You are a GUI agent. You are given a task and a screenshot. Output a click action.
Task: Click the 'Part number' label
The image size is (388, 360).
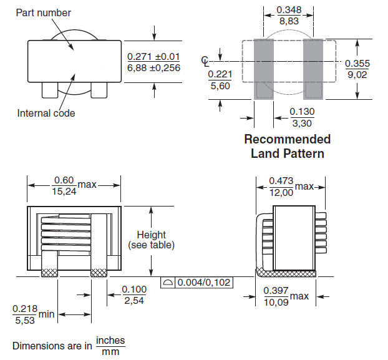[43, 12]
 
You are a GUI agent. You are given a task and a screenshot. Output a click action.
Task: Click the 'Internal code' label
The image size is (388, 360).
[46, 113]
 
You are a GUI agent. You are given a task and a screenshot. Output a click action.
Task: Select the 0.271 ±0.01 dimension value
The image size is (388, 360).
[153, 56]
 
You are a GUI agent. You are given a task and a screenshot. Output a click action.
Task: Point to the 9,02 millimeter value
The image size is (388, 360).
[356, 74]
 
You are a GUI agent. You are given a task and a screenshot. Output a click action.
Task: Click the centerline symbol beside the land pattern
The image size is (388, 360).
[206, 61]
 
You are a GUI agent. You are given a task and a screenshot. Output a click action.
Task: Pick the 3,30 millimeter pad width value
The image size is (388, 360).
[303, 122]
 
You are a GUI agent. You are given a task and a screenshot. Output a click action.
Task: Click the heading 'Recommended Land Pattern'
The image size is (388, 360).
[287, 146]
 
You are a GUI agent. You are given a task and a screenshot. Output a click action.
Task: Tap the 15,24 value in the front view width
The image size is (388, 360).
[65, 191]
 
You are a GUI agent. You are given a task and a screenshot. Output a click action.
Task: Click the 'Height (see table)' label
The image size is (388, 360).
[151, 240]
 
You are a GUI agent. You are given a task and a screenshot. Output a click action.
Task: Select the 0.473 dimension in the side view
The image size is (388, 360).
[281, 181]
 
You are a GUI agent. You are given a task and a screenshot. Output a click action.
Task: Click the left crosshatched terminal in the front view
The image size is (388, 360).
[49, 273]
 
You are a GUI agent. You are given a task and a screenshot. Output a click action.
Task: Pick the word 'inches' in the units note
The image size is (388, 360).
[110, 341]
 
